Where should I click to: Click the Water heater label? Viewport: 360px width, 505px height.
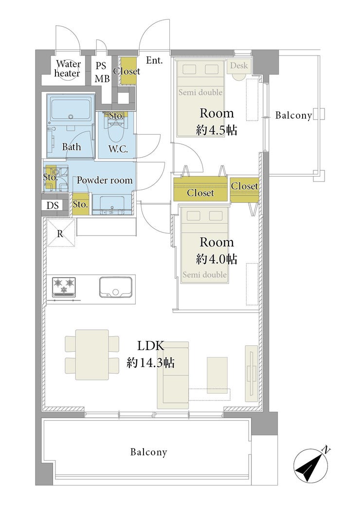click(x=67, y=69)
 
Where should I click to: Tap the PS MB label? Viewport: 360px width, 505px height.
click(x=102, y=72)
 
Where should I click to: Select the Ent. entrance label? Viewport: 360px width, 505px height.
click(x=154, y=60)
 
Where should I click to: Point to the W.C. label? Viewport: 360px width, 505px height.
click(x=118, y=149)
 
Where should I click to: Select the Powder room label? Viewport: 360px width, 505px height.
click(x=105, y=180)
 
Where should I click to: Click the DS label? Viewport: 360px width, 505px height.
click(x=53, y=205)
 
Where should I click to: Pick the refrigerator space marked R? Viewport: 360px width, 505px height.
click(x=60, y=233)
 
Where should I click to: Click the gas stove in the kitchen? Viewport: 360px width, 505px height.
click(x=64, y=287)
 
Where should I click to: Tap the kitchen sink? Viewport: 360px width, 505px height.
click(x=116, y=287)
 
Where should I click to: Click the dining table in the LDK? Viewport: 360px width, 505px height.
click(x=92, y=355)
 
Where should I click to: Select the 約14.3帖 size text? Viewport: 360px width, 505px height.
click(x=151, y=363)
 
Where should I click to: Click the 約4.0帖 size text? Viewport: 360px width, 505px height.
click(x=216, y=259)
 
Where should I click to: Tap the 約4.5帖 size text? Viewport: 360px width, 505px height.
click(x=216, y=130)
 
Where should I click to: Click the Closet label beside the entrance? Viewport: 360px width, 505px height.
click(x=126, y=71)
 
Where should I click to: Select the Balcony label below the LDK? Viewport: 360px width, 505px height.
click(x=149, y=452)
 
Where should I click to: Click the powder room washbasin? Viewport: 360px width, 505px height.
click(x=112, y=205)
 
